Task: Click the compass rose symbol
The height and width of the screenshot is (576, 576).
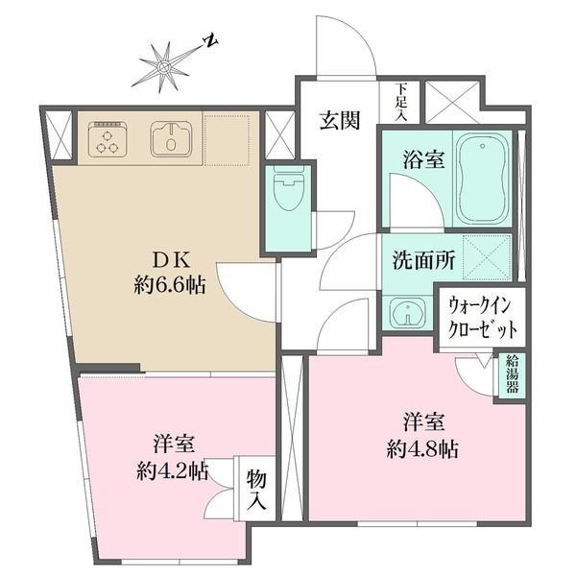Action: click(x=165, y=65)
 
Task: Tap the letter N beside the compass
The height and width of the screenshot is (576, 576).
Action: click(x=209, y=42)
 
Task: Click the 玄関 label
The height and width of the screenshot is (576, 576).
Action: click(x=338, y=121)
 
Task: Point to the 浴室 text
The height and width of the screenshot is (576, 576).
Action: click(x=421, y=160)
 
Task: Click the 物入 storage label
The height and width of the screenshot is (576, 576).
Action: click(x=257, y=491)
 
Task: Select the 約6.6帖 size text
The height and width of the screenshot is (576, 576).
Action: click(x=168, y=286)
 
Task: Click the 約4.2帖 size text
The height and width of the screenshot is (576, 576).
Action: click(x=173, y=470)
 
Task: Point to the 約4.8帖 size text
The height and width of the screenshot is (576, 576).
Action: click(x=423, y=448)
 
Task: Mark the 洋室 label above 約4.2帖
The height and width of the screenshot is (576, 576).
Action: click(x=174, y=444)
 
